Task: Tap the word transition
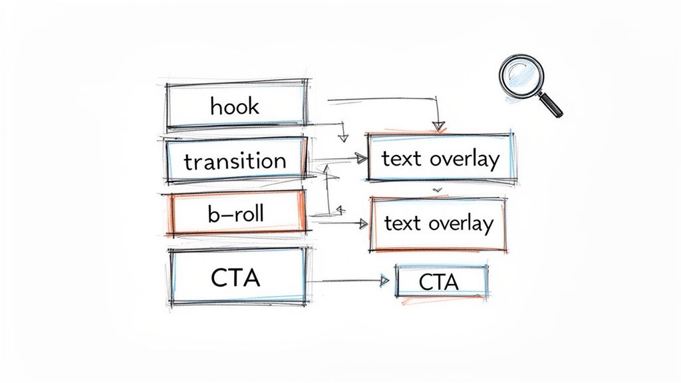pos(235,161)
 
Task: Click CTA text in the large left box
pos(235,278)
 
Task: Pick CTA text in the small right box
pos(439,283)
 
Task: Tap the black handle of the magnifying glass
pos(551,106)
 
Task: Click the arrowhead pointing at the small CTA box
pos(383,281)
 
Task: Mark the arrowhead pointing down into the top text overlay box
pos(438,125)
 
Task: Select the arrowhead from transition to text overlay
pos(361,158)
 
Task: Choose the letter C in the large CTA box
pos(219,278)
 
